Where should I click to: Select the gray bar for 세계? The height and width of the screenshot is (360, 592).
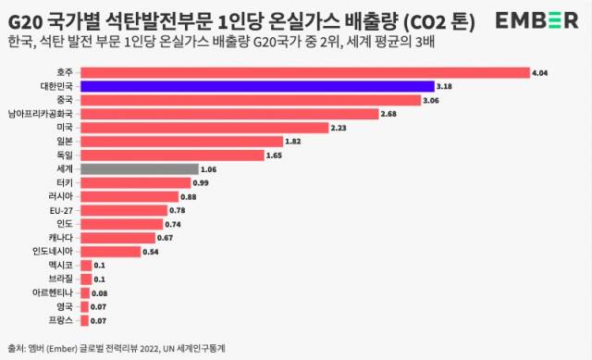coord(139,169)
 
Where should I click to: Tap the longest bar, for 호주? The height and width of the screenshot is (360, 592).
coord(304,72)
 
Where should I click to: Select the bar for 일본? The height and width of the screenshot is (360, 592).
coord(181,142)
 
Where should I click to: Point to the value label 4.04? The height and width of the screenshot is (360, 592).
coord(540,72)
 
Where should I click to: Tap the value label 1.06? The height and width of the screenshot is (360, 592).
coord(209,169)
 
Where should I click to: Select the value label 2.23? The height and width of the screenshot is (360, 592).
coord(338,128)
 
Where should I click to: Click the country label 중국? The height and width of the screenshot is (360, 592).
coord(64,100)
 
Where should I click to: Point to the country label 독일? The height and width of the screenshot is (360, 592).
coord(64,155)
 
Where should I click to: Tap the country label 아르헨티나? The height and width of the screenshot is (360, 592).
coord(53,292)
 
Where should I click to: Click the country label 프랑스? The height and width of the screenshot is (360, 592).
coord(61,320)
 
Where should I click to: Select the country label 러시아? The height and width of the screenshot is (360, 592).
coord(61,196)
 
